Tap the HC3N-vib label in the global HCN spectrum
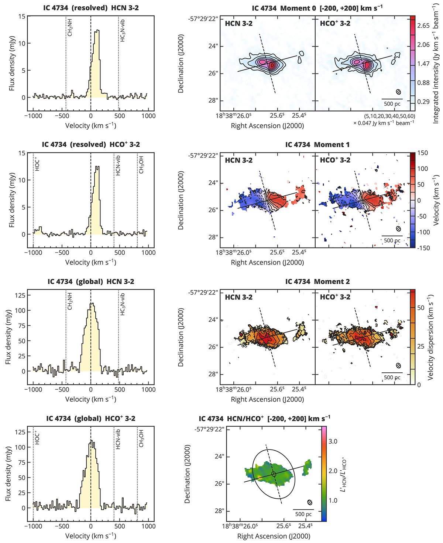123,304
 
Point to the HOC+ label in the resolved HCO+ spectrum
37,164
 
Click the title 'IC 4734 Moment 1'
317,145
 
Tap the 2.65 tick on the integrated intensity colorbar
423,26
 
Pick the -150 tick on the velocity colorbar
423,248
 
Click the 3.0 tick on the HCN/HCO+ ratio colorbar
333,441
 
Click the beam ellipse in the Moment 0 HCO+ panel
399,92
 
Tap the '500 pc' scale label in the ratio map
303,514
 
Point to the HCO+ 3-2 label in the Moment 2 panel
335,297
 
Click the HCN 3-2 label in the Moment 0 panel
238,23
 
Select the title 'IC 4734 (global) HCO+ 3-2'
91,419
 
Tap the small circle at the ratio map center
274,474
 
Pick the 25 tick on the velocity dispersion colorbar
421,346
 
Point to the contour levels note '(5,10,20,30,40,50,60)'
389,116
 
